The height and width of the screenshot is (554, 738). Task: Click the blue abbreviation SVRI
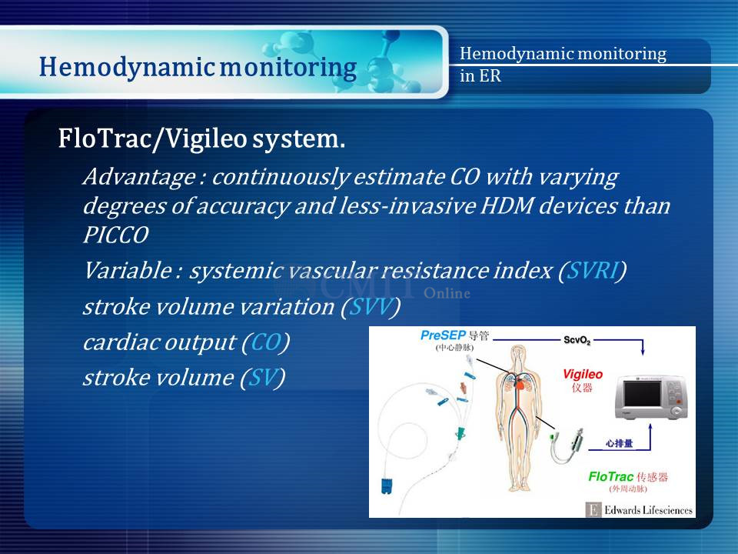[x=593, y=271]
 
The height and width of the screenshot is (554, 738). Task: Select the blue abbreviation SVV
[x=371, y=307]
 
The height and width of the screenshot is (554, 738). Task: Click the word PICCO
[x=116, y=235]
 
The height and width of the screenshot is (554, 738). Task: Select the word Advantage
[x=139, y=178]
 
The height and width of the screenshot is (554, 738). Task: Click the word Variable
[x=128, y=271]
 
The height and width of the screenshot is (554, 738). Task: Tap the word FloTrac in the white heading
[x=104, y=138]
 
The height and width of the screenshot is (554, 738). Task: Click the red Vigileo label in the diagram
[x=583, y=375]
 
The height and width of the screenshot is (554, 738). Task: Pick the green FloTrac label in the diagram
[x=611, y=477]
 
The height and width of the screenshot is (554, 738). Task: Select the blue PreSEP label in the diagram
[x=443, y=335]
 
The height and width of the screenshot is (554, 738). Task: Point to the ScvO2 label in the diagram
[x=577, y=340]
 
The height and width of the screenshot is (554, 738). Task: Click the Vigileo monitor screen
[x=641, y=393]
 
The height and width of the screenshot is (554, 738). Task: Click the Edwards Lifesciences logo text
[x=648, y=510]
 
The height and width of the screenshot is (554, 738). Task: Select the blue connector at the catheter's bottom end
[x=387, y=486]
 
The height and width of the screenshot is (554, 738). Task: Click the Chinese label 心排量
[x=619, y=443]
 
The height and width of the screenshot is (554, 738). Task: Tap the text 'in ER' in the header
[x=480, y=75]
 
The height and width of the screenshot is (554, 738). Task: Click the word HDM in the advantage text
[x=507, y=206]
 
